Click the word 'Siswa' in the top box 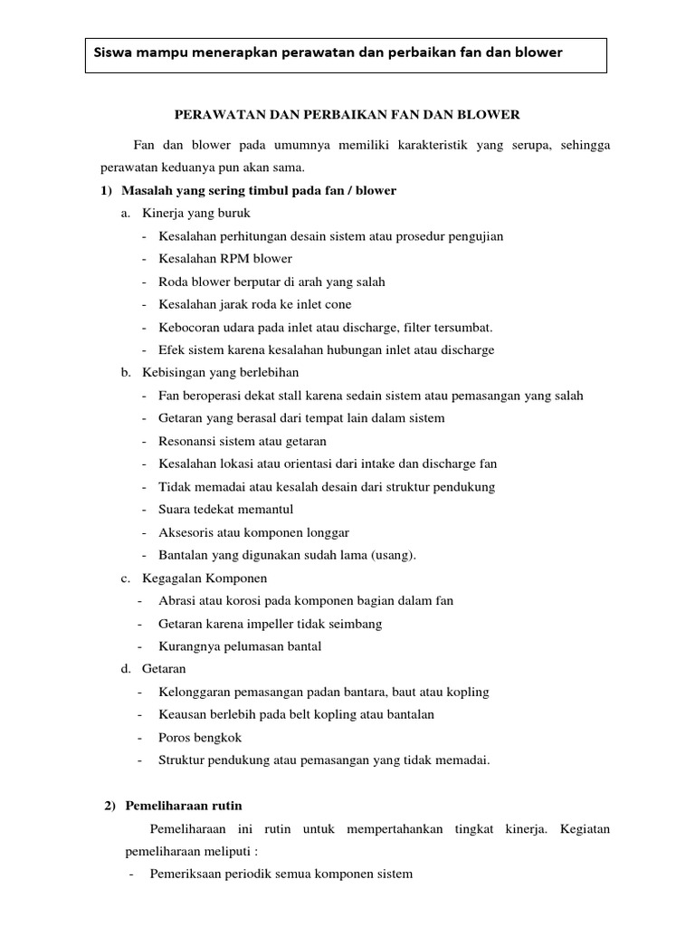[113, 53]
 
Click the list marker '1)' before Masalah [106, 190]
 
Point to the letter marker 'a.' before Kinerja [126, 213]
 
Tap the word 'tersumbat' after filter [461, 327]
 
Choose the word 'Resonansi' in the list [185, 441]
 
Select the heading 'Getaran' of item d [164, 669]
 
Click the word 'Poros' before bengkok [174, 738]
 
